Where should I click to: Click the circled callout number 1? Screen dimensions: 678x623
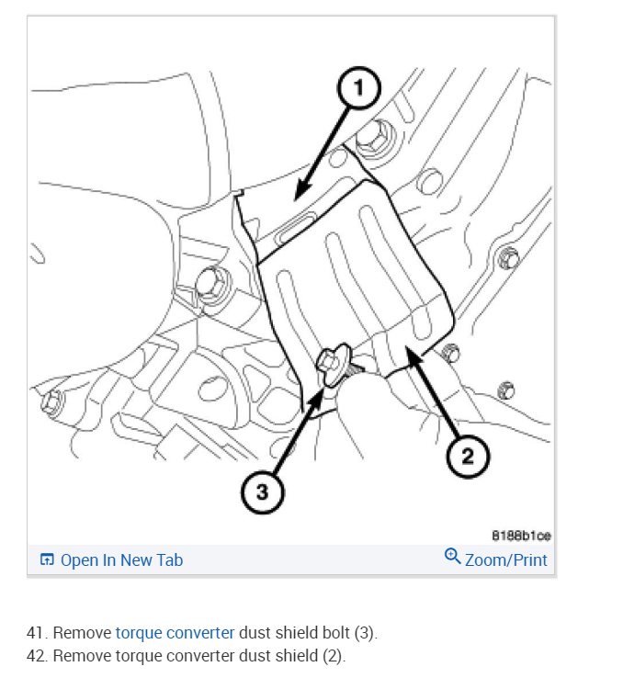360,88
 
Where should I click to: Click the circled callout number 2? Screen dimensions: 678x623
468,457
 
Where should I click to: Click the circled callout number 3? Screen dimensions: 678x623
263,492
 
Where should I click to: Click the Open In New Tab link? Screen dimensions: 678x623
121,559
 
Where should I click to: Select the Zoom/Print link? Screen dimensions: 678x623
505,559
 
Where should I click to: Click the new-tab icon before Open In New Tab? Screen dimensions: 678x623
47,559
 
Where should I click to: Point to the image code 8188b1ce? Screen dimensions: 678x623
522,536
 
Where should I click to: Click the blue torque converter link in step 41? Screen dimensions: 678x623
175,633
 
